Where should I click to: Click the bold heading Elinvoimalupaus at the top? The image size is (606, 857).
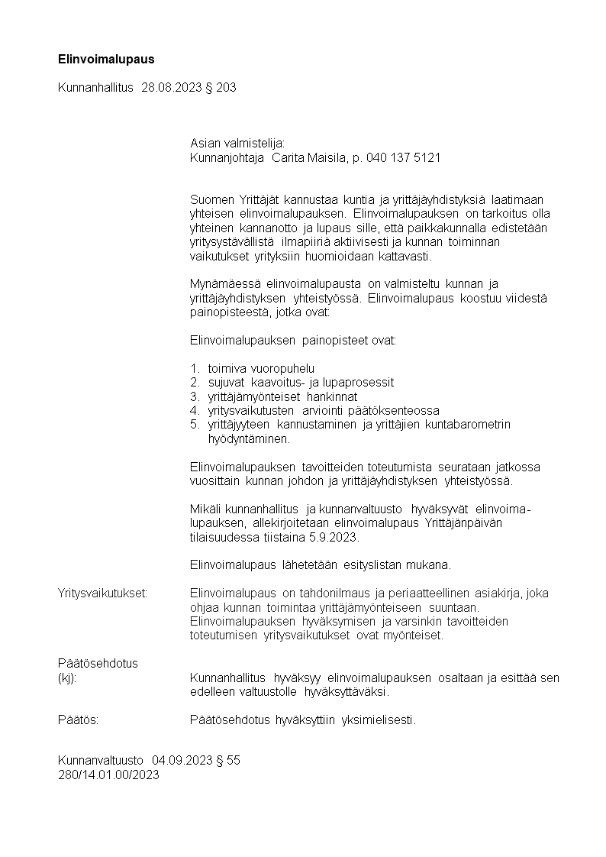(106, 58)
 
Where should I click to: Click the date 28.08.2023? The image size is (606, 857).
(172, 88)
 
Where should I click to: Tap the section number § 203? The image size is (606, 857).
(221, 88)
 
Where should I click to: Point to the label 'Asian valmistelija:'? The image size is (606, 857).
(237, 143)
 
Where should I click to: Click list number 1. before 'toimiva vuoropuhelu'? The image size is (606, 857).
(195, 368)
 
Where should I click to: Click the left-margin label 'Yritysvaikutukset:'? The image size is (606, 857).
(102, 593)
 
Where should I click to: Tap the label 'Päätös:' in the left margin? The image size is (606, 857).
(78, 720)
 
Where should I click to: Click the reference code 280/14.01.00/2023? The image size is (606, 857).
(108, 775)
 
